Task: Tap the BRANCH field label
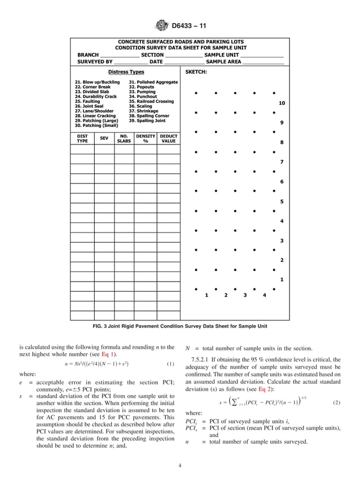88,55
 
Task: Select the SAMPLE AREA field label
224,62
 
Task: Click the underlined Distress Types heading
126,72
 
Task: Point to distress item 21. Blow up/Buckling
97,82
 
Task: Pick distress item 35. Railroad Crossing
151,101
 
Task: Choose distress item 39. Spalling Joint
147,120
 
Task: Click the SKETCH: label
196,72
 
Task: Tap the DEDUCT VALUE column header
168,138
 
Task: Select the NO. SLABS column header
124,138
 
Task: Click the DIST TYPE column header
82,138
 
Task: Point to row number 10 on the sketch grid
282,103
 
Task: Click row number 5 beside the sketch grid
282,201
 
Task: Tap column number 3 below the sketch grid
244,295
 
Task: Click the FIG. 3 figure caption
179,326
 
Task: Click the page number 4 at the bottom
179,466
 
